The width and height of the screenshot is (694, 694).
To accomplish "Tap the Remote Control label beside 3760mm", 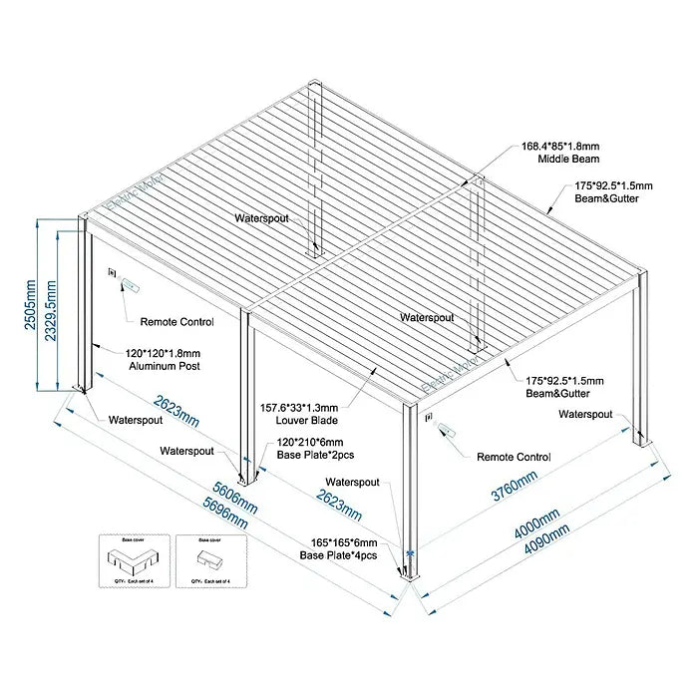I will (x=514, y=457).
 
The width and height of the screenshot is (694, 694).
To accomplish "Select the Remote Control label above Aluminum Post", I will (x=176, y=321).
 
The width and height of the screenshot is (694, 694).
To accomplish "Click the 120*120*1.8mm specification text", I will (x=162, y=353).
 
